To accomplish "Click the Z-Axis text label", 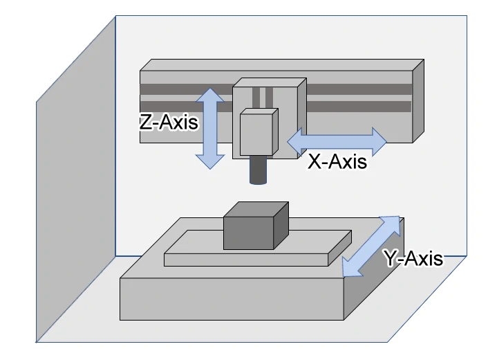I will click(169, 123).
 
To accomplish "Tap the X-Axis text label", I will click(337, 161).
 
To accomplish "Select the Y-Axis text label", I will click(413, 258).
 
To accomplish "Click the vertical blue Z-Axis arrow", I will click(210, 128).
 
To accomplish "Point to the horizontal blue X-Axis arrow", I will click(337, 141).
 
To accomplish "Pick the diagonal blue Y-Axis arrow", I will click(372, 246).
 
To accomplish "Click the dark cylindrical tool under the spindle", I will click(258, 170).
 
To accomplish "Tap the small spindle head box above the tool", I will click(259, 133).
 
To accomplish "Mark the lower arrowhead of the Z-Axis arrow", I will click(210, 161).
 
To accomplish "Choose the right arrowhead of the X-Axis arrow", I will click(378, 141).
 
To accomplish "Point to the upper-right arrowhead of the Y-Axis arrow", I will click(392, 225).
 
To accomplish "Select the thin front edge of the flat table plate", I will click(245, 260).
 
